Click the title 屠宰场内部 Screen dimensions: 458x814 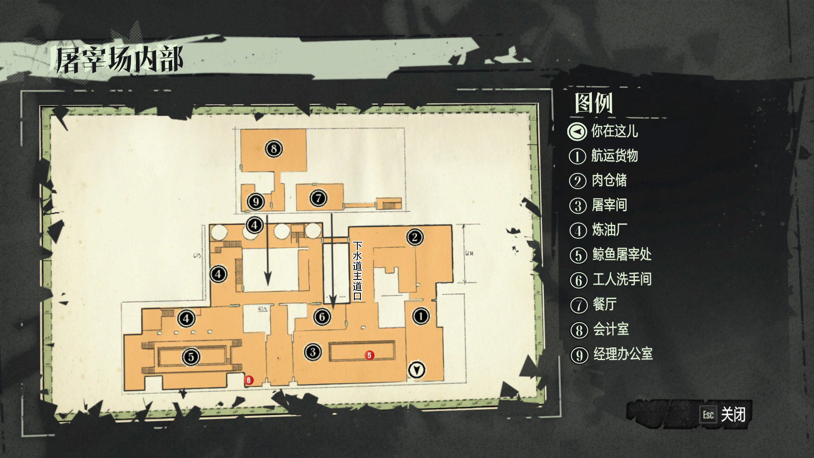[119, 60]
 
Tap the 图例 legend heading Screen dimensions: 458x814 [594, 103]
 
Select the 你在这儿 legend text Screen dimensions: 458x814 [614, 131]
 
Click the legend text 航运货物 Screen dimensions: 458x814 [614, 156]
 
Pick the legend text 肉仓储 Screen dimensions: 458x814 [609, 180]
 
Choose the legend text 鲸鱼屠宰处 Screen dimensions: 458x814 [622, 254]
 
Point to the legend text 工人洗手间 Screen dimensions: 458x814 [622, 279]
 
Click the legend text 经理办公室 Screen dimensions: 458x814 [622, 354]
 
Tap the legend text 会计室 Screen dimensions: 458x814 [610, 329]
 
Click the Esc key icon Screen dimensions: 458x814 [708, 414]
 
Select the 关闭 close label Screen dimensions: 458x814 [733, 414]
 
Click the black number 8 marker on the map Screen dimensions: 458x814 [273, 148]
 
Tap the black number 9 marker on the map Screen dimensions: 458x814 [256, 201]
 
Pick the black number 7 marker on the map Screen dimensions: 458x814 [318, 198]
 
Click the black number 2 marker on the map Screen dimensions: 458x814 [415, 237]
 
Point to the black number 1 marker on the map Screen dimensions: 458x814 [421, 316]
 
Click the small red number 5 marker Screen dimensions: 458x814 [369, 355]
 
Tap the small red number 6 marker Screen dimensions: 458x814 [249, 380]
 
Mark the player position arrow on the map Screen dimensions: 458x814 [416, 370]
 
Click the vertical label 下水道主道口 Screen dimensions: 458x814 [357, 271]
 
